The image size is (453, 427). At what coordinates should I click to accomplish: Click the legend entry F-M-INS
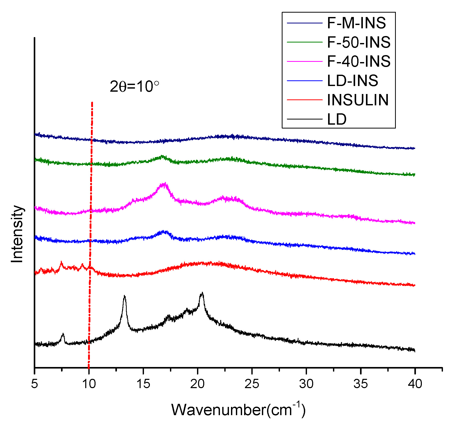pyautogui.click(x=356, y=23)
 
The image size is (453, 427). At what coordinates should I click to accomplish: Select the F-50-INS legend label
pyautogui.click(x=358, y=42)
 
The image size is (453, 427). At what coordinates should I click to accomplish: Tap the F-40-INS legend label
pyautogui.click(x=358, y=62)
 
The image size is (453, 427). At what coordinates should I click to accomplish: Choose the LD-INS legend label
pyautogui.click(x=352, y=81)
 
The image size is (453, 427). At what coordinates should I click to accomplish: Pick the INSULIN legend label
pyautogui.click(x=357, y=100)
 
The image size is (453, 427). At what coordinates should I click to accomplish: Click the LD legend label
pyautogui.click(x=337, y=119)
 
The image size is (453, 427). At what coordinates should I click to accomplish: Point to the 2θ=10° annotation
pyautogui.click(x=134, y=87)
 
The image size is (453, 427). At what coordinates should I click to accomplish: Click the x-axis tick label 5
pyautogui.click(x=35, y=384)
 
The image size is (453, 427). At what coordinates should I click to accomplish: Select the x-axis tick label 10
pyautogui.click(x=89, y=384)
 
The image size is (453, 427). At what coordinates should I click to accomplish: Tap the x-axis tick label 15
pyautogui.click(x=143, y=384)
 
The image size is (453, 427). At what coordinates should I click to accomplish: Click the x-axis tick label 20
pyautogui.click(x=198, y=384)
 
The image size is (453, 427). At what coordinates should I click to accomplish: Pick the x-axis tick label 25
pyautogui.click(x=252, y=384)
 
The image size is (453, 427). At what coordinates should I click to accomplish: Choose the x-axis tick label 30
pyautogui.click(x=306, y=384)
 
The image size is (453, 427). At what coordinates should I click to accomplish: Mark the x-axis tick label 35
pyautogui.click(x=361, y=384)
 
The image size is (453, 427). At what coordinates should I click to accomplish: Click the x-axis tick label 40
pyautogui.click(x=415, y=384)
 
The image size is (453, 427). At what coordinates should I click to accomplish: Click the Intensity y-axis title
pyautogui.click(x=17, y=234)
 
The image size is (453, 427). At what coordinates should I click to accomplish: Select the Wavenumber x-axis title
pyautogui.click(x=238, y=409)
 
